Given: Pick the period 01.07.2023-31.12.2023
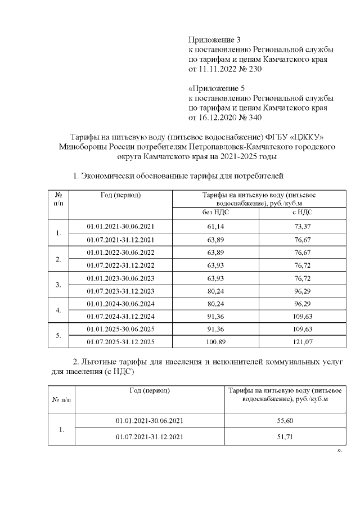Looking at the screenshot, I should pyautogui.click(x=120, y=291).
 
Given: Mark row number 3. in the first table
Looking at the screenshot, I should pyautogui.click(x=58, y=285).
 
